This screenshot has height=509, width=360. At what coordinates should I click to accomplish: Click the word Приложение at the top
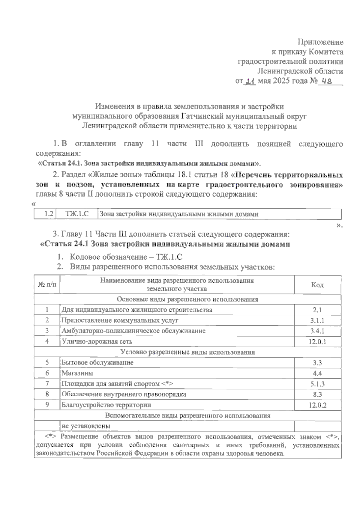tap(320, 42)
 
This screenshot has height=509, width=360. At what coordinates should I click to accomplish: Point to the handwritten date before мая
tap(250, 81)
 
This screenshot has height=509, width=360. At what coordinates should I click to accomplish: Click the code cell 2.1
tap(317, 310)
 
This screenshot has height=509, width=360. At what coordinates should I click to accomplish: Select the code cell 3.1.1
tap(317, 320)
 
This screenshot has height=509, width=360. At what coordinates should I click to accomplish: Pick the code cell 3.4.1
tap(317, 331)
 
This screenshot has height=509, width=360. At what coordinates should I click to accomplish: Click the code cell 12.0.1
tap(317, 342)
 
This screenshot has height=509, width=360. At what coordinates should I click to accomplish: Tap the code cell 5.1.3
tap(317, 384)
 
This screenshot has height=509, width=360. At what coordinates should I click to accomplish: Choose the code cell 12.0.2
tap(317, 405)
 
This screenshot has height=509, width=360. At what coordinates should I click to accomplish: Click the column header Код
tap(317, 285)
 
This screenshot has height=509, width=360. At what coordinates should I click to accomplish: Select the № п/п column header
tap(47, 285)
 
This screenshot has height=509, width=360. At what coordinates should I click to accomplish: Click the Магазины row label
tap(77, 373)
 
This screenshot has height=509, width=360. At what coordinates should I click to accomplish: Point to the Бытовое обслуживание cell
tap(97, 363)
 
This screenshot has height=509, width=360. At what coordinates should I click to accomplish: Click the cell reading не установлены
tap(85, 426)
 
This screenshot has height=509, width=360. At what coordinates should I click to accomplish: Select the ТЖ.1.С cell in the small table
tap(77, 214)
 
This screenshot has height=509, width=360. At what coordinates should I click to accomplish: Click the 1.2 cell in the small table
tap(48, 214)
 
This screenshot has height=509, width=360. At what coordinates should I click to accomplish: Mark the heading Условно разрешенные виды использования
tap(187, 352)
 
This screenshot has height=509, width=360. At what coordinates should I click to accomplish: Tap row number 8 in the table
tap(47, 394)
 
